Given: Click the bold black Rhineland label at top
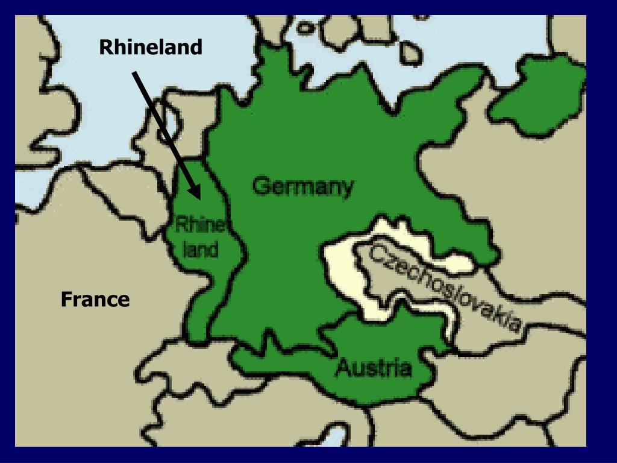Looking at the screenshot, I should click(x=151, y=47).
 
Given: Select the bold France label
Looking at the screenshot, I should click(x=95, y=299).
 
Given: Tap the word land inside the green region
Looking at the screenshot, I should click(x=201, y=249).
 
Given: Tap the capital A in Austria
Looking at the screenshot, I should click(x=343, y=366).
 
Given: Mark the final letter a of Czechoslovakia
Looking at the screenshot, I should click(x=513, y=326).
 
